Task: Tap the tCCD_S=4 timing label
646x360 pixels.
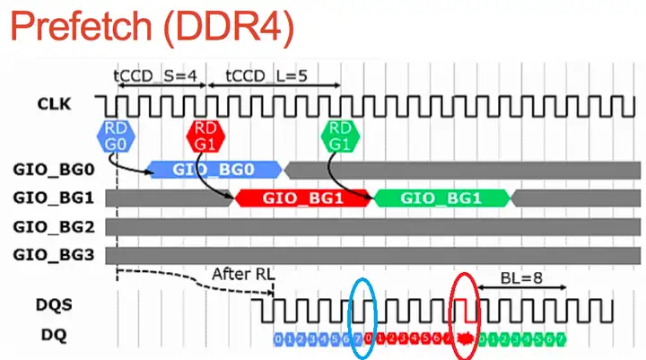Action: (x=155, y=76)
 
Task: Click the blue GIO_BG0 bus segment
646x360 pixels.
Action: (x=214, y=168)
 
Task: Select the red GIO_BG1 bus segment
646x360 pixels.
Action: (x=301, y=198)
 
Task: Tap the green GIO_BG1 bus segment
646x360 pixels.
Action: (x=440, y=198)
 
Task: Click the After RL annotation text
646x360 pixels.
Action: (x=242, y=273)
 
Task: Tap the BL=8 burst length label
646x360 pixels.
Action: (x=521, y=280)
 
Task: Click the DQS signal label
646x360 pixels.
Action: (x=56, y=306)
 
